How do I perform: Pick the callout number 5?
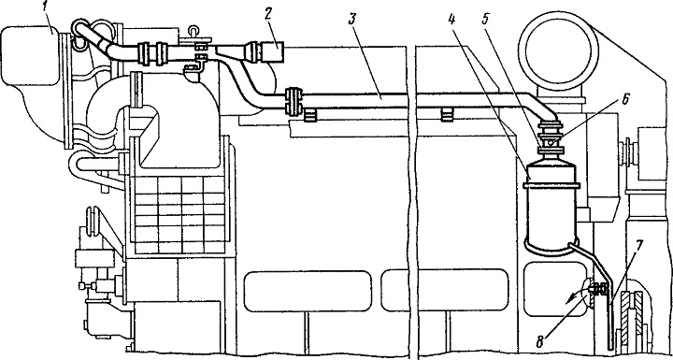[486, 21]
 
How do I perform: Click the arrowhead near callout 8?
[569, 301]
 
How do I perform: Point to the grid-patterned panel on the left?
[180, 214]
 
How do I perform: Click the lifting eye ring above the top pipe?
[194, 31]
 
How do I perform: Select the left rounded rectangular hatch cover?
[308, 291]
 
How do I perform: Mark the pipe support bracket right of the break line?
[447, 115]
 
